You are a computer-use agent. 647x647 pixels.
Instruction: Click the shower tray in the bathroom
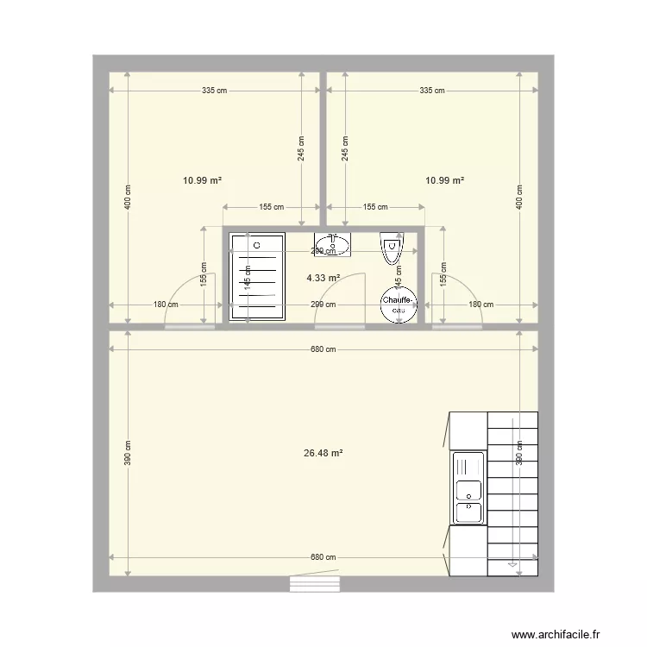[257, 276]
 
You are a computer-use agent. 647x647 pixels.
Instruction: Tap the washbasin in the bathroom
[332, 245]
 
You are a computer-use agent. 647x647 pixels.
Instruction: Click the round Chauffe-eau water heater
[399, 305]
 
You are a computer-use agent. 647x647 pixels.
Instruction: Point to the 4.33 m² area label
[323, 278]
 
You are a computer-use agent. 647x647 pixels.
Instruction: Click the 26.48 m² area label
[324, 453]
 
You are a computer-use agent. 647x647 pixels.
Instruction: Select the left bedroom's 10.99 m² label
[203, 180]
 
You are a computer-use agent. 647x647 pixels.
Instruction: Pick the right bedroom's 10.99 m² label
[445, 180]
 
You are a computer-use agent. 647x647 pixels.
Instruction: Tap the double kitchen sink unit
[468, 488]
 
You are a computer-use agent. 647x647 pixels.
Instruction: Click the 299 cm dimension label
[323, 305]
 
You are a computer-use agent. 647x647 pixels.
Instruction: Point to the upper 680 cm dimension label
[323, 349]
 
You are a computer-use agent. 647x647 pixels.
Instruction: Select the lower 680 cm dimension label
[323, 557]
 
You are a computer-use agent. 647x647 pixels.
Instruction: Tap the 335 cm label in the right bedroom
[431, 91]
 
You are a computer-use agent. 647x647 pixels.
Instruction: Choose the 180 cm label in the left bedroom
[166, 305]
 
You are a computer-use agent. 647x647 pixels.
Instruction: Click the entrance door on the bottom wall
[316, 585]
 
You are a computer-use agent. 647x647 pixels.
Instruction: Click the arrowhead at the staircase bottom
[512, 565]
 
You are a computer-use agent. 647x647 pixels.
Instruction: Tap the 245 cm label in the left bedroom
[301, 149]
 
